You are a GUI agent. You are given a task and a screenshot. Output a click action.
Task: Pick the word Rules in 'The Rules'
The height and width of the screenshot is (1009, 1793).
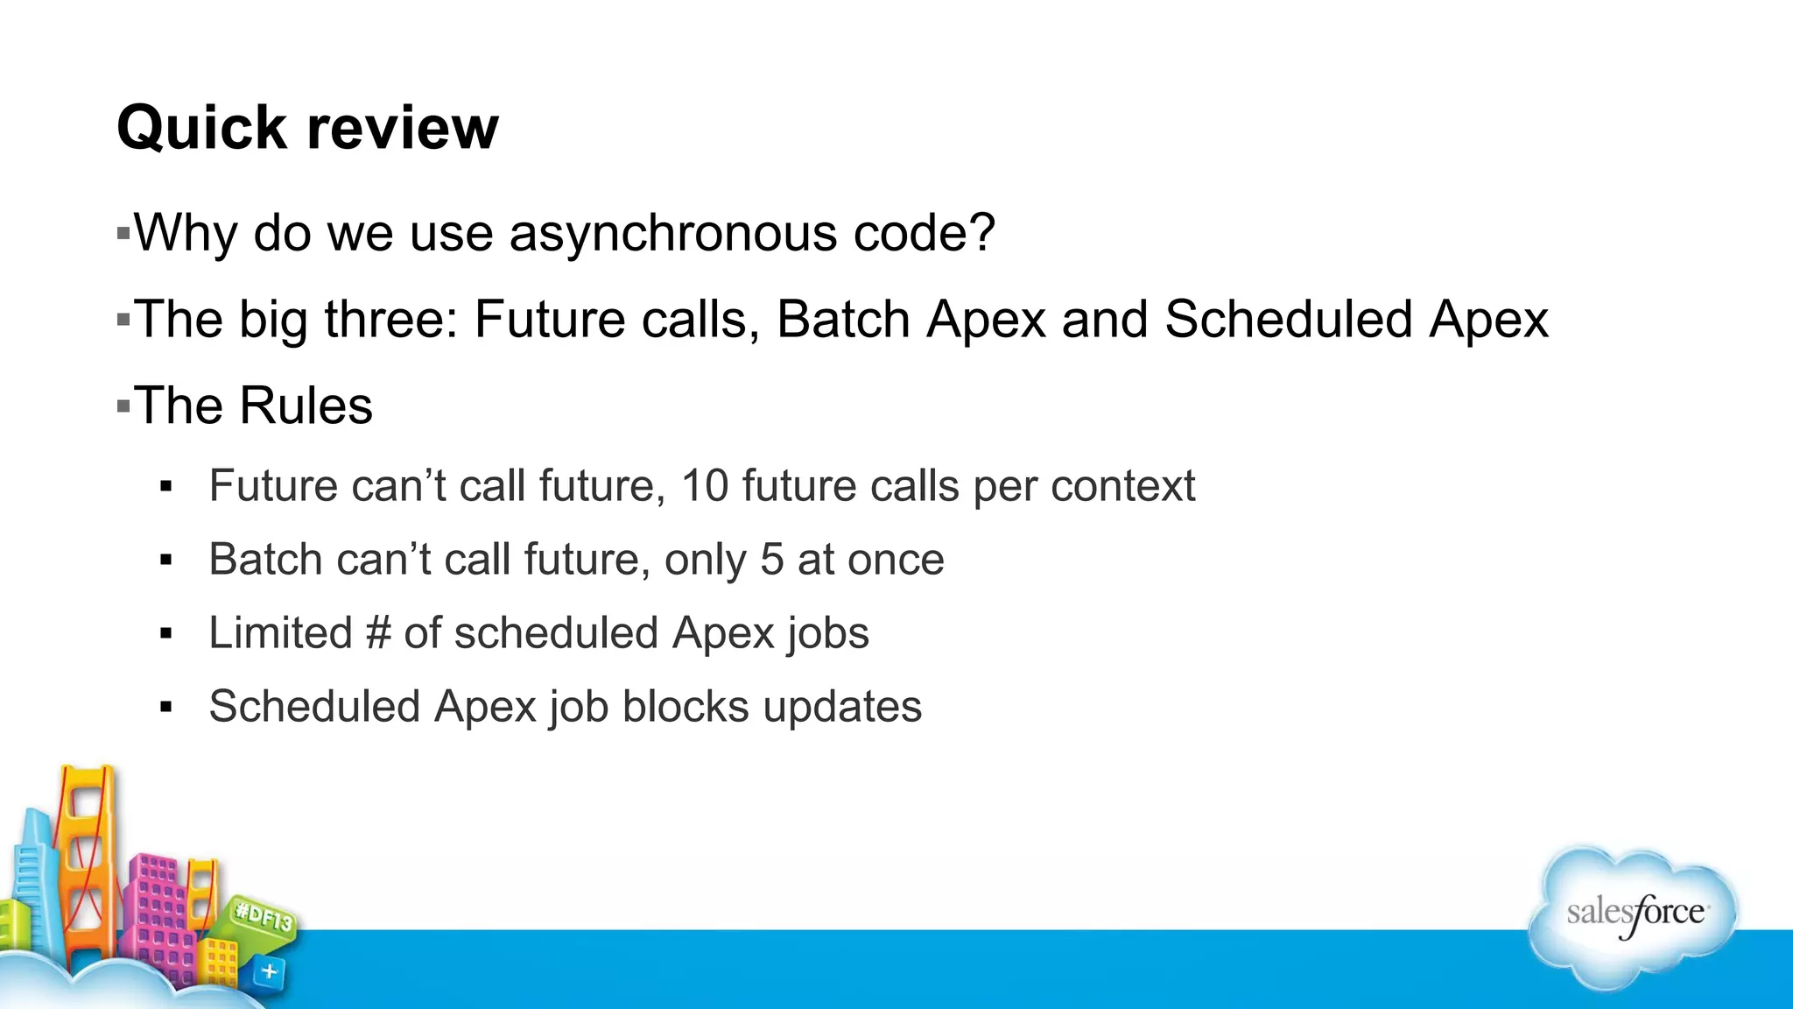pyautogui.click(x=306, y=406)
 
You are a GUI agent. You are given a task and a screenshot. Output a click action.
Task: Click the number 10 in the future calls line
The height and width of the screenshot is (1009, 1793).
pyautogui.click(x=704, y=486)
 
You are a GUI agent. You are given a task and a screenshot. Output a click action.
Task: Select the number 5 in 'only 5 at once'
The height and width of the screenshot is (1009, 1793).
pyautogui.click(x=771, y=560)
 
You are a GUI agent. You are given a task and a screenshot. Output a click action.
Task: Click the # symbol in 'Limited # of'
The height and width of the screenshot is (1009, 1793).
pyautogui.click(x=378, y=633)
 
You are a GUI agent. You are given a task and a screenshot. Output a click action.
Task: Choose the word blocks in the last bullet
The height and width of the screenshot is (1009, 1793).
pyautogui.click(x=686, y=707)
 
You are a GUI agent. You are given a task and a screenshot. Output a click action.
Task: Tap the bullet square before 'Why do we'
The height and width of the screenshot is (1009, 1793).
pyautogui.click(x=123, y=234)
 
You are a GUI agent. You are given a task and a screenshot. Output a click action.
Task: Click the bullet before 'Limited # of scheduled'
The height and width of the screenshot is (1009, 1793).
pyautogui.click(x=166, y=634)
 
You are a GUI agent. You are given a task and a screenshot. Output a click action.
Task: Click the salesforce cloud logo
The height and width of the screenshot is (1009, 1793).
pyautogui.click(x=1634, y=915)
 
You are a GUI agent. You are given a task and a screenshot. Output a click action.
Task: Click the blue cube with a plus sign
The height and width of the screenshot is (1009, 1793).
pyautogui.click(x=269, y=971)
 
